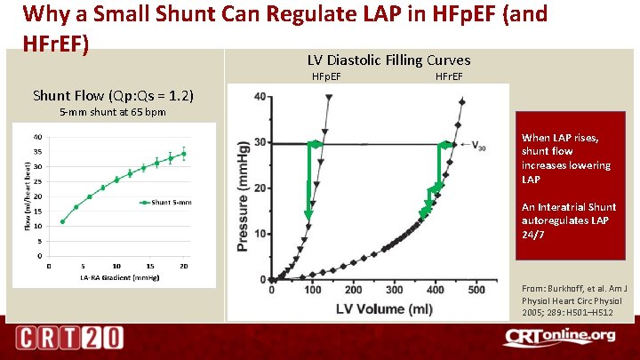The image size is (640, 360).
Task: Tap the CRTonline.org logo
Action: (559, 336)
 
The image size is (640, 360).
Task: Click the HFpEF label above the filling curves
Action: (326, 77)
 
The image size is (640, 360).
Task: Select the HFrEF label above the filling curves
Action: (449, 77)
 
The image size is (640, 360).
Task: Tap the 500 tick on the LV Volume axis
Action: (476, 290)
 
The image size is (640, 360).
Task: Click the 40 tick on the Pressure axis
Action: (258, 97)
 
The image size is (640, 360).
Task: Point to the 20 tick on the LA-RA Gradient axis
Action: (184, 265)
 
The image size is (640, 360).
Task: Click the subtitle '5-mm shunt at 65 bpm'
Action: (112, 113)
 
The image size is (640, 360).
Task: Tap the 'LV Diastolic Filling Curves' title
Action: (388, 60)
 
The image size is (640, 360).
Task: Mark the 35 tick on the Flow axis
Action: (37, 152)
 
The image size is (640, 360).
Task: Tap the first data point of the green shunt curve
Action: (62, 221)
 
